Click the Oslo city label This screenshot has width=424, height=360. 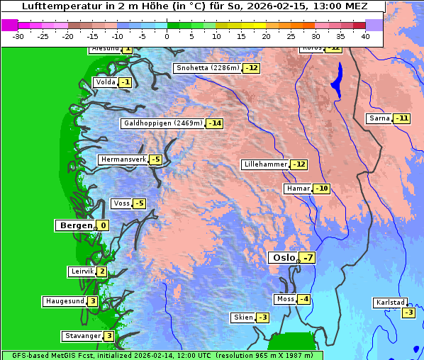pos(282,258)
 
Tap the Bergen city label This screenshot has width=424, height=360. pos(75,225)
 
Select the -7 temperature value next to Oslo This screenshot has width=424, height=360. pos(307,258)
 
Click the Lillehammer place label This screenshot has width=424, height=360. pos(265,164)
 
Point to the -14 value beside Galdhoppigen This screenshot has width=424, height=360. pos(215,123)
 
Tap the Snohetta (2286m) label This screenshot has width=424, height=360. pos(208,68)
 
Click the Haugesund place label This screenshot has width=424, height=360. pos(65,301)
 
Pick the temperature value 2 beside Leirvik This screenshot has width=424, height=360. pos(102,271)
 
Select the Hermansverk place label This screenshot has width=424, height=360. pos(123,159)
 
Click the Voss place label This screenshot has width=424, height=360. pos(121,203)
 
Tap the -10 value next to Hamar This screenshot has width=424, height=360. pos(323,189)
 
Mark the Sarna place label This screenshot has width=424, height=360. pos(379,118)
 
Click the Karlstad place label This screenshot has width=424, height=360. pos(390,303)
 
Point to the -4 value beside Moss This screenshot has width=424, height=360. pos(303,299)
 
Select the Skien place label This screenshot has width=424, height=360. pos(242,317)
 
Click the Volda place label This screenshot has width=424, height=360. pos(105,82)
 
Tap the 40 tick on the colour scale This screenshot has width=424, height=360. pos(365,35)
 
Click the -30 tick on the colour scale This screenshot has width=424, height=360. pos(18,35)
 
